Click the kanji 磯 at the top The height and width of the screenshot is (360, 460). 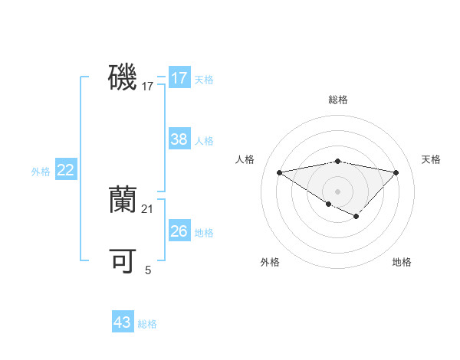click(122, 78)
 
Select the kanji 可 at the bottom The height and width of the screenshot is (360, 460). click(122, 262)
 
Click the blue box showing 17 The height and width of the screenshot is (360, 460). click(179, 78)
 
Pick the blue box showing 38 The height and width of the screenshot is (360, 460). click(179, 139)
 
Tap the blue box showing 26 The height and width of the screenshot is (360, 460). click(179, 231)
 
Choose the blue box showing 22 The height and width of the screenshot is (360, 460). click(65, 170)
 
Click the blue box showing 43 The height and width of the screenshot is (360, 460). click(122, 322)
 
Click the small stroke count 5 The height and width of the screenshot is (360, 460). click(148, 270)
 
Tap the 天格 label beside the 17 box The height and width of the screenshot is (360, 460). click(204, 80)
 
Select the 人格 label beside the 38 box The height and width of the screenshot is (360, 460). click(204, 141)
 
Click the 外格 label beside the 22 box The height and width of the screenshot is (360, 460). click(41, 172)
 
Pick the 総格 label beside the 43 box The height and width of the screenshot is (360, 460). click(147, 324)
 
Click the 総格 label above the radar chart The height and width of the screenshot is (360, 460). click(337, 100)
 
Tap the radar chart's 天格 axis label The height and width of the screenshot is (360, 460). click(432, 159)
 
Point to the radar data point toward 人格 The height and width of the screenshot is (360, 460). click(279, 172)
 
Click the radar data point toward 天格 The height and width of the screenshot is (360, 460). click(396, 172)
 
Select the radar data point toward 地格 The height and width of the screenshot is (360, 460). click(356, 216)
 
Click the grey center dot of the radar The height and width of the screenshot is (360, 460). click(337, 191)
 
